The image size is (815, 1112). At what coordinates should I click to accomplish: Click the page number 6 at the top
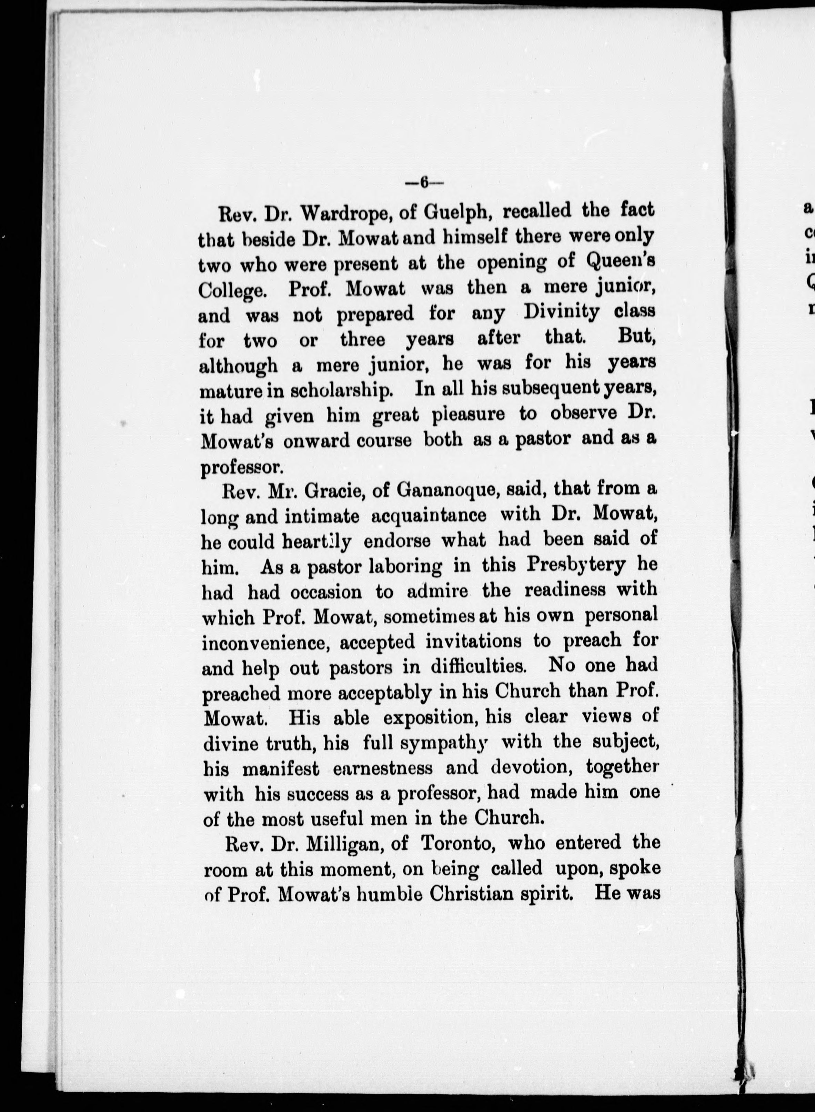coord(424,183)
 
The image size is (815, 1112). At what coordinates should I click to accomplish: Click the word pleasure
coord(475,415)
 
